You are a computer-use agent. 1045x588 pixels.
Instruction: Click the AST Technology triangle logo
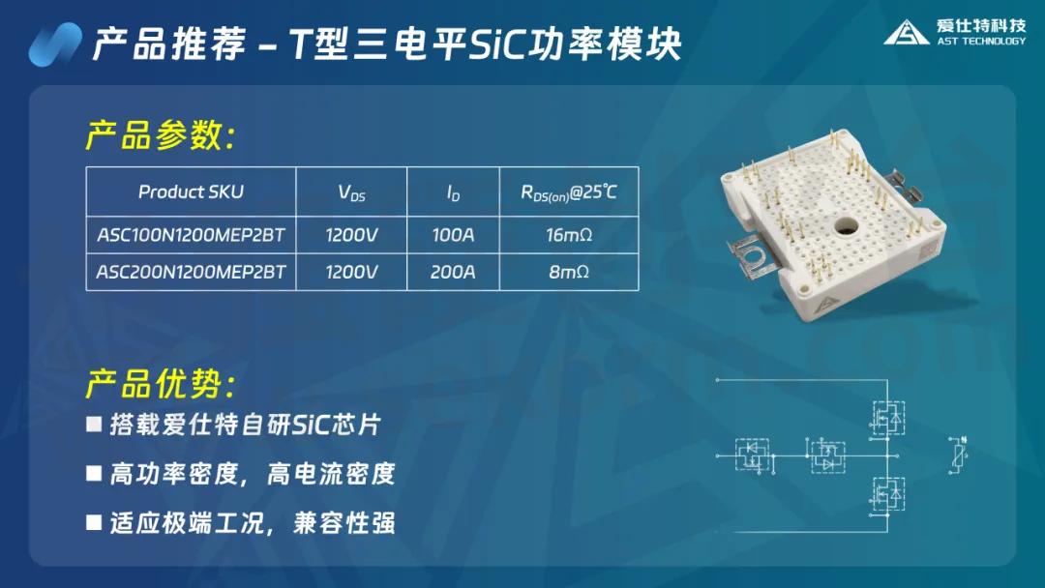(907, 32)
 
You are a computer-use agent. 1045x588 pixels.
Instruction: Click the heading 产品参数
(160, 136)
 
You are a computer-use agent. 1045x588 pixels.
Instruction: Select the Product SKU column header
(191, 191)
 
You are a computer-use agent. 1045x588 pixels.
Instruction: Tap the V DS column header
(351, 192)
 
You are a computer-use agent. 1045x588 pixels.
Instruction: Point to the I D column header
(453, 192)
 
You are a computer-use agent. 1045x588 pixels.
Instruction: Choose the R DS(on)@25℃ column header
(568, 192)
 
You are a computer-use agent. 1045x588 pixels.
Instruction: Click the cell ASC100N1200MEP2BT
(191, 234)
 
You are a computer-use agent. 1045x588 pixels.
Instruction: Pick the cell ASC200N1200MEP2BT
(191, 272)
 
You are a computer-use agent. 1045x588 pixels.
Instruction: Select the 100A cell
(453, 234)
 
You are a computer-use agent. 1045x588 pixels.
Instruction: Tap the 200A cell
(453, 272)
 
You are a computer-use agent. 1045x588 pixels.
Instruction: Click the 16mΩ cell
(568, 234)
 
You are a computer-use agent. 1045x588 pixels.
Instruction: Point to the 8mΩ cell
(568, 272)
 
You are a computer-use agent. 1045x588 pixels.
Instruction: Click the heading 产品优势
(160, 384)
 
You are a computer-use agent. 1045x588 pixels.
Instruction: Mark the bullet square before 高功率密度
(94, 473)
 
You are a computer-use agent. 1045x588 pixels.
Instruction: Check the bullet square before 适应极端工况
(94, 522)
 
